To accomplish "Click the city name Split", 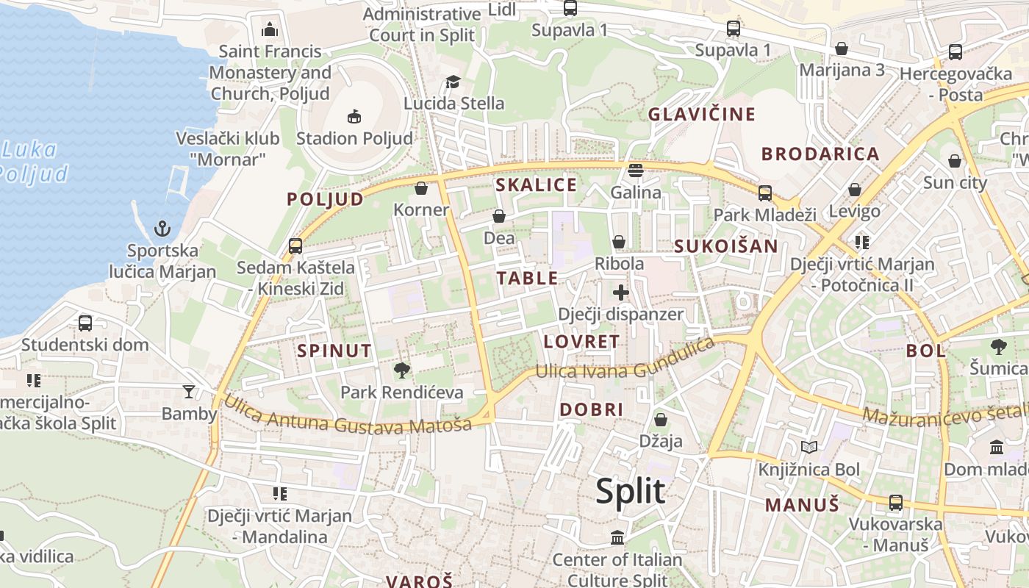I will coord(630,491).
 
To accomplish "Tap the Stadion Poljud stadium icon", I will coord(354,116).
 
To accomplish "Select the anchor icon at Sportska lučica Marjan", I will coord(162,229).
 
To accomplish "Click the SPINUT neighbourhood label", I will coord(334,351).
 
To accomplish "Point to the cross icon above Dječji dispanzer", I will coord(621,293).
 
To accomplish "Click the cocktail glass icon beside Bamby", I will coord(189,392).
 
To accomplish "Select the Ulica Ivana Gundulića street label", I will coord(625,360).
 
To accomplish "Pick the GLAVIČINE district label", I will coord(701,114).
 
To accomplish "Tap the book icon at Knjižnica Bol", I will coord(808,447).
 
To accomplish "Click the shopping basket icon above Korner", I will coord(421,188).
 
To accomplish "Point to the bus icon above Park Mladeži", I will coord(765,193).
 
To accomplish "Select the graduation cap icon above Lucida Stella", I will coord(453,82).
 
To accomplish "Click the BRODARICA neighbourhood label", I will coord(820,154).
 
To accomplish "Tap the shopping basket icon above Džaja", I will coord(661,420).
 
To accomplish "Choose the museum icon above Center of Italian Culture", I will coord(617,537).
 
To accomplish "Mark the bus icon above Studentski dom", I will coord(85,323).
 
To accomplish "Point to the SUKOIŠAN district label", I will coord(726,246).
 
